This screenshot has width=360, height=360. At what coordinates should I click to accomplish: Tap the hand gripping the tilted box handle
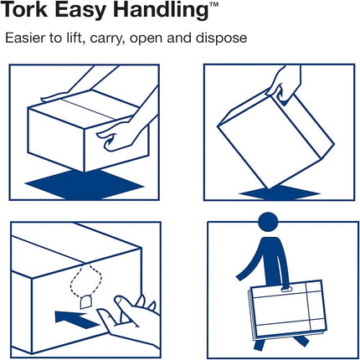pos(283,82)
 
